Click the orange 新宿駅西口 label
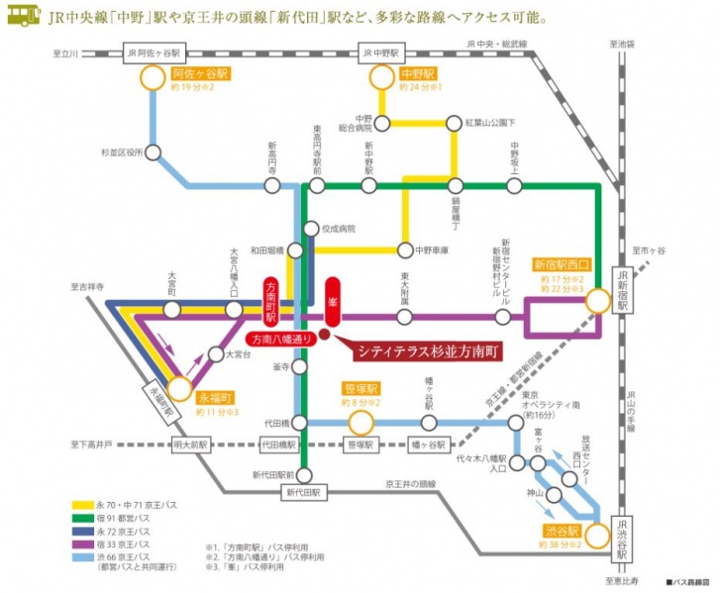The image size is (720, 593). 562,264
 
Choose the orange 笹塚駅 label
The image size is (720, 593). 361,390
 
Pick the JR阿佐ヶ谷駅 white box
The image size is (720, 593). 152,51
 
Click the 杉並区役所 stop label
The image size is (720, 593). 122,152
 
